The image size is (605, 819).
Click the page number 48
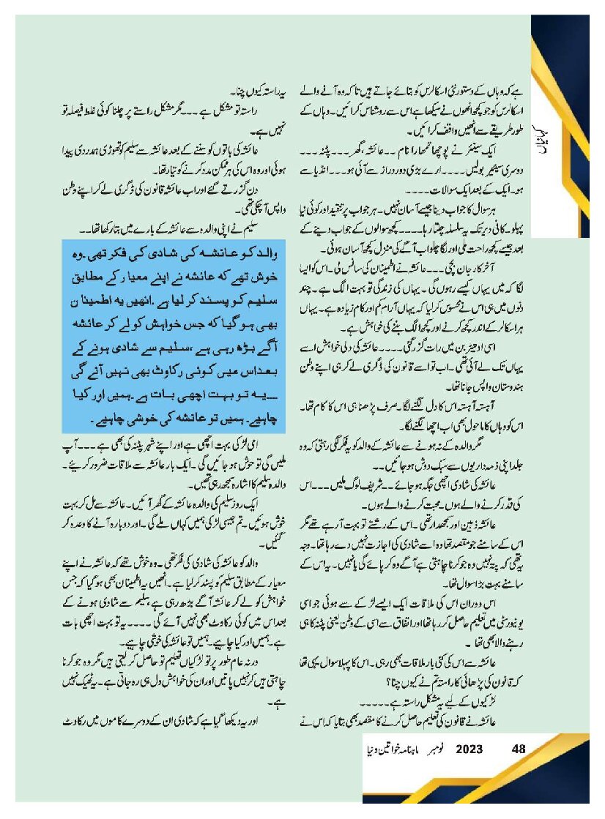click(519, 749)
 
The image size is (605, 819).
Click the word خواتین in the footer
click(384, 749)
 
